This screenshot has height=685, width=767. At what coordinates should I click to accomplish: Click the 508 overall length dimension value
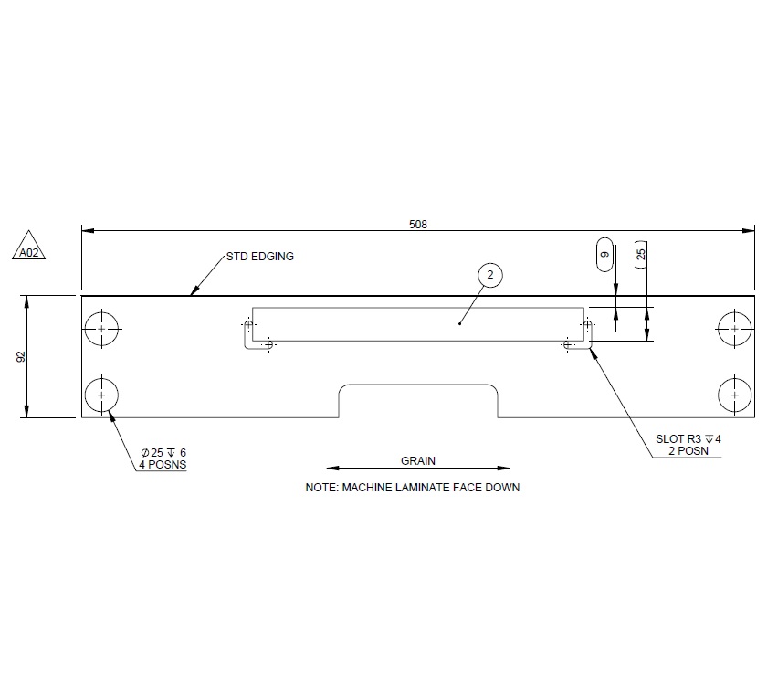click(x=419, y=224)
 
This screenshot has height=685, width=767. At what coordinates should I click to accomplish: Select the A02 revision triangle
click(x=29, y=249)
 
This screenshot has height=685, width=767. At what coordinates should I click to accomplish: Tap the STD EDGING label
click(x=260, y=257)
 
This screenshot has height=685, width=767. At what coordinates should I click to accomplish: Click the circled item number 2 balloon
click(x=489, y=275)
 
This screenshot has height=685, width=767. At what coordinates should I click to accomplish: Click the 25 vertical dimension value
click(x=641, y=255)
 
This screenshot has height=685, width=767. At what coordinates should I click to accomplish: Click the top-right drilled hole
click(x=734, y=329)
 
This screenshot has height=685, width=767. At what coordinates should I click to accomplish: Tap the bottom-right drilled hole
click(x=734, y=394)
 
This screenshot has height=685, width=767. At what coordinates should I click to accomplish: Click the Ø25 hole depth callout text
click(x=163, y=453)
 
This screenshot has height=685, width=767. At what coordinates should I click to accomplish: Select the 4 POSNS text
click(x=163, y=465)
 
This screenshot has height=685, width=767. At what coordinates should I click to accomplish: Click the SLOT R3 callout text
click(x=688, y=439)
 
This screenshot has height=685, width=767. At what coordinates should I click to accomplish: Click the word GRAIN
click(x=418, y=461)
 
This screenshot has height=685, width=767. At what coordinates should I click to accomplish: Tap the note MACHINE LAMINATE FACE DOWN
click(x=412, y=488)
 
